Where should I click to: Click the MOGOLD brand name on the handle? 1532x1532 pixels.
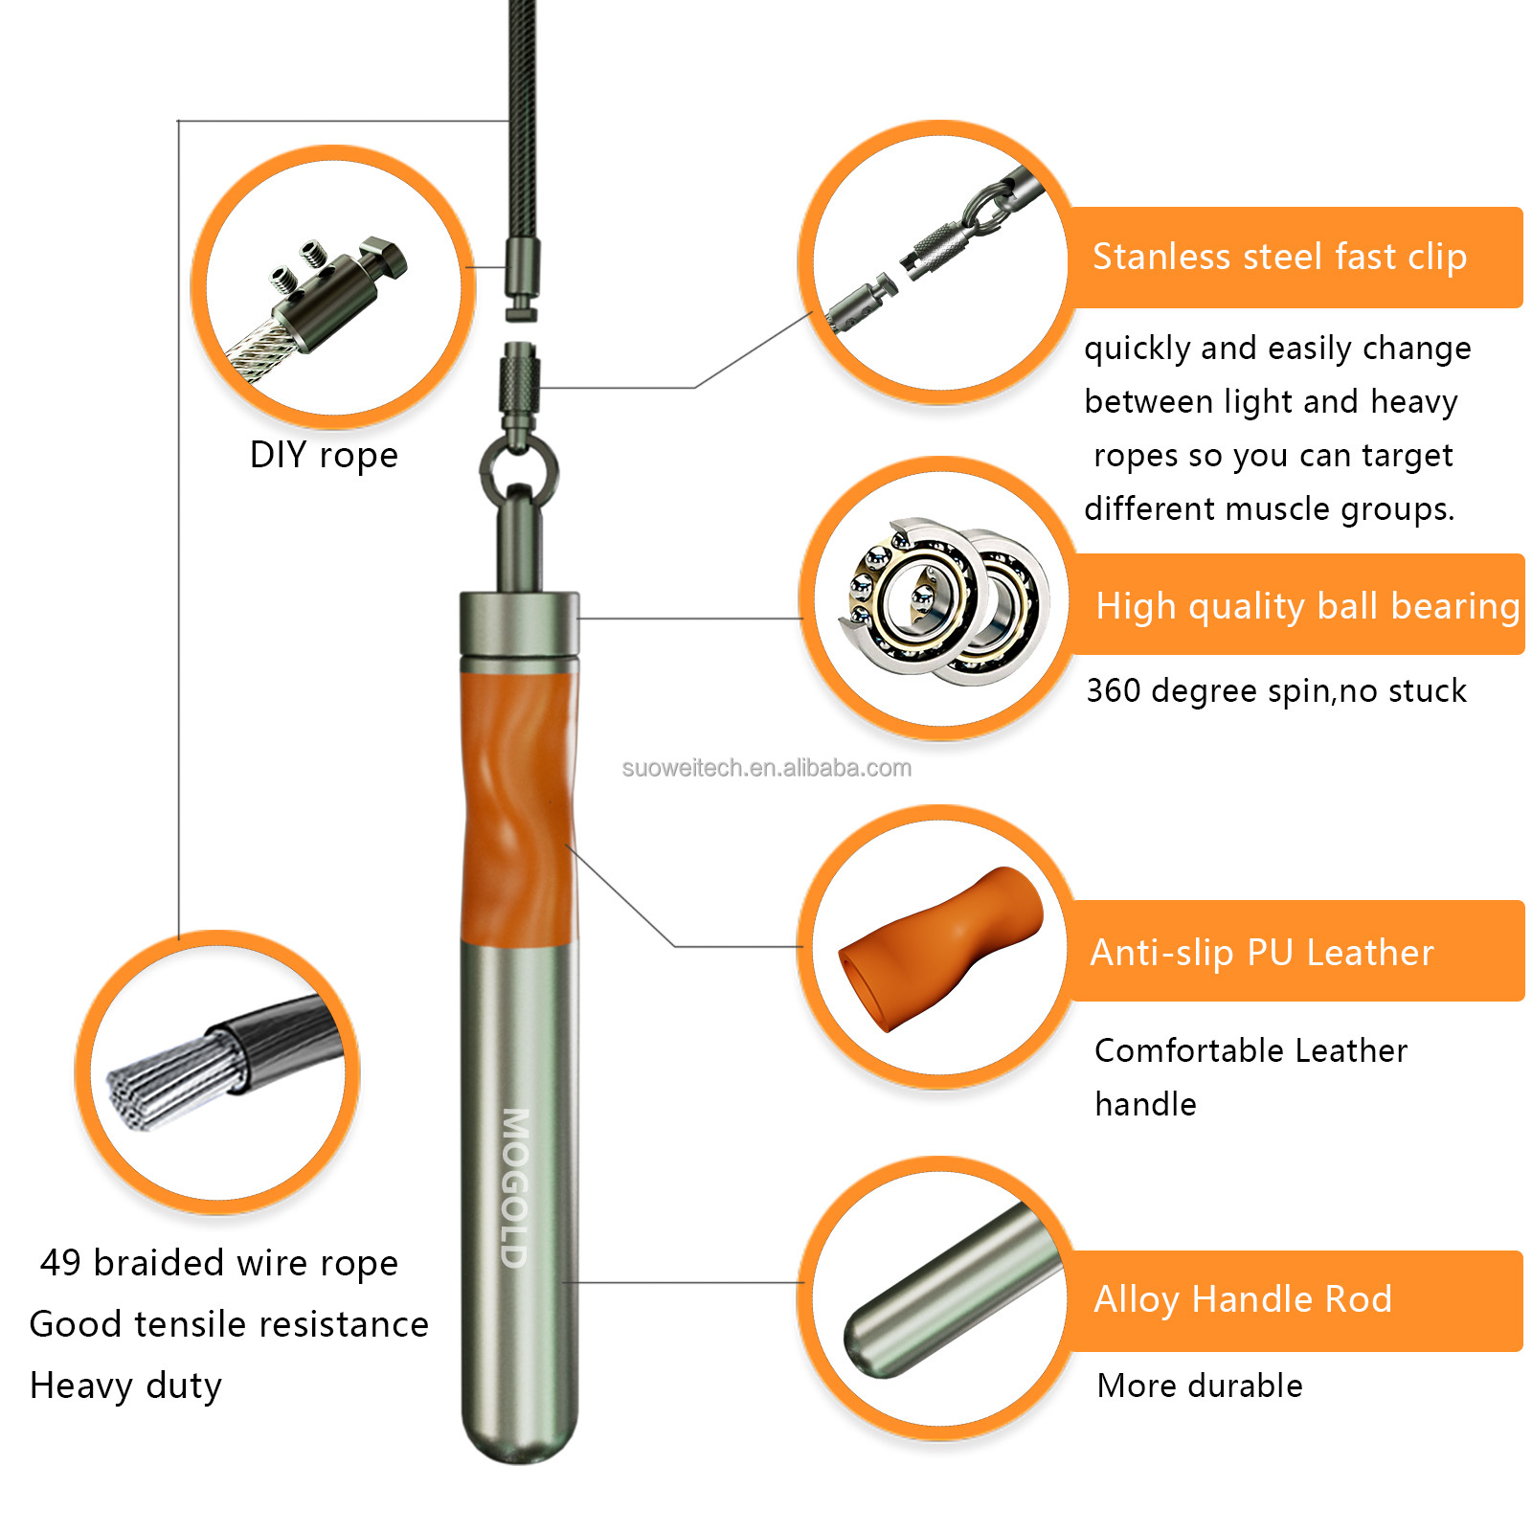(515, 1188)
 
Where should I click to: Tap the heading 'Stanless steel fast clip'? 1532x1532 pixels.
(1279, 258)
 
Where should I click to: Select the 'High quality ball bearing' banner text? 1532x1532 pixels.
(1308, 607)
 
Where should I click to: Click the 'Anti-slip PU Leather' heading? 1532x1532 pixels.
(1262, 953)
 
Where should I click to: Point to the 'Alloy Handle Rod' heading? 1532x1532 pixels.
(1243, 1299)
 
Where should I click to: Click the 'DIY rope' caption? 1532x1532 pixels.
(324, 455)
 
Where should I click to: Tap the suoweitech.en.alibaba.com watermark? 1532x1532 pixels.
(766, 768)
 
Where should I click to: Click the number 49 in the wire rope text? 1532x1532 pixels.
(60, 1263)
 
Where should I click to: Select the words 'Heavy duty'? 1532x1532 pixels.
(125, 1386)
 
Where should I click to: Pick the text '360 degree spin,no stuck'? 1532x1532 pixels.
(1275, 691)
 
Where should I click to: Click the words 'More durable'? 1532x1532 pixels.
(1200, 1386)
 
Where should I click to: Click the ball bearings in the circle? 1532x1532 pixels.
(943, 601)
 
